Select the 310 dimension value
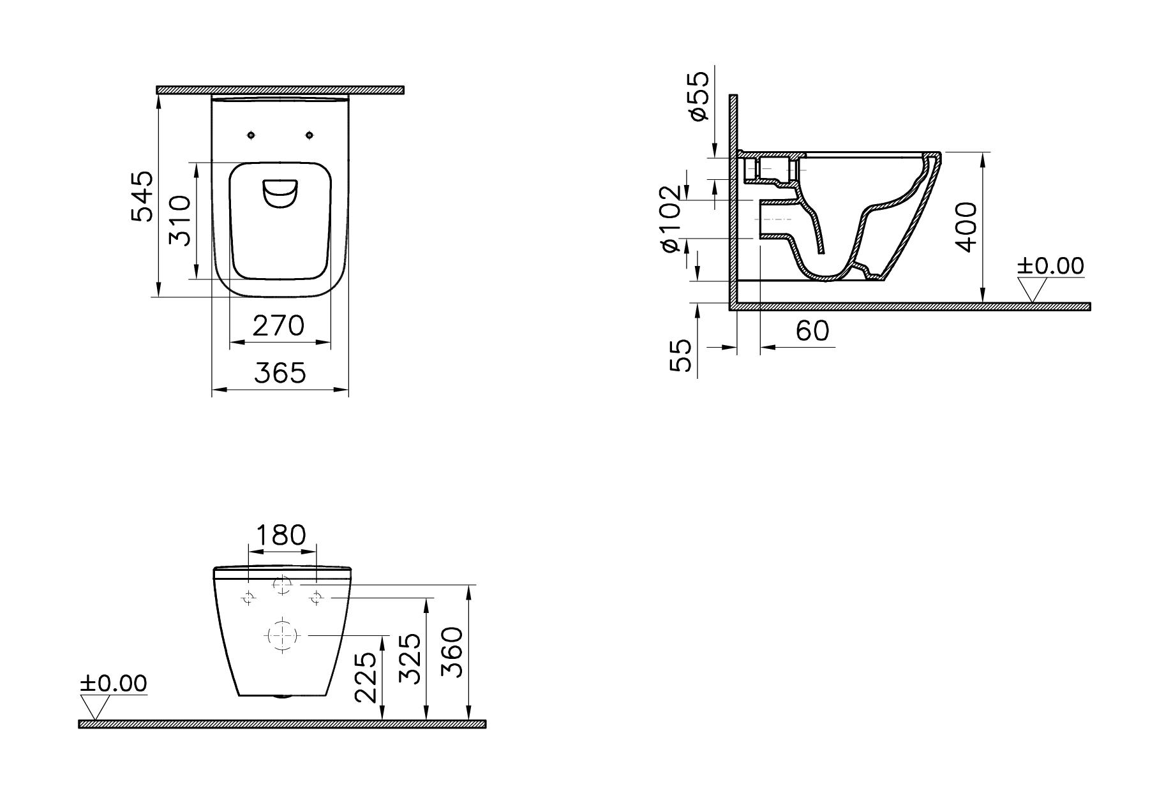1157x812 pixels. click(179, 221)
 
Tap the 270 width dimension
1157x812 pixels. click(279, 326)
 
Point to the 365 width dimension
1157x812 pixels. click(280, 373)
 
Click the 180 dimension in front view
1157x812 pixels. click(281, 535)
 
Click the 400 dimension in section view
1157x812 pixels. click(966, 228)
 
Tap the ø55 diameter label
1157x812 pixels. click(698, 96)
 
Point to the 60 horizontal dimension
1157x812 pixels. click(812, 331)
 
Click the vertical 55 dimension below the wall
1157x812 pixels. click(680, 355)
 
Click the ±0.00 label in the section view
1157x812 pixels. click(1050, 266)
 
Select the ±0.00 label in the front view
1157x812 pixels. click(113, 684)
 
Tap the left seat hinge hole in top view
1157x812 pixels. click(251, 135)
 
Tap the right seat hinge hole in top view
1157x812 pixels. click(310, 135)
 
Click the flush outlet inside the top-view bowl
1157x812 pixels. click(280, 194)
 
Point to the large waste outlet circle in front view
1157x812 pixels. click(281, 635)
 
